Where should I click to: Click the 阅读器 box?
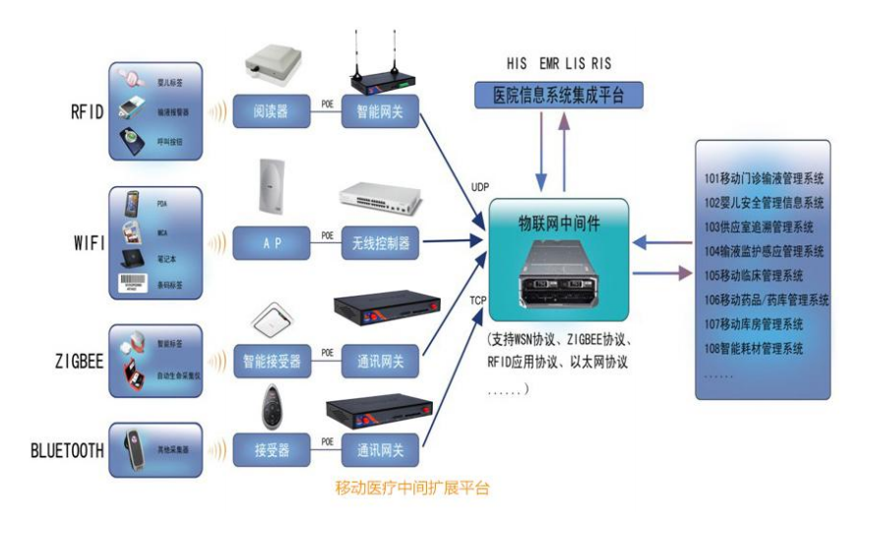point(269,110)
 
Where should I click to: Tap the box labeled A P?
point(269,240)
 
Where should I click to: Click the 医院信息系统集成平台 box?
point(559,96)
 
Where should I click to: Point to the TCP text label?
point(476,300)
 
